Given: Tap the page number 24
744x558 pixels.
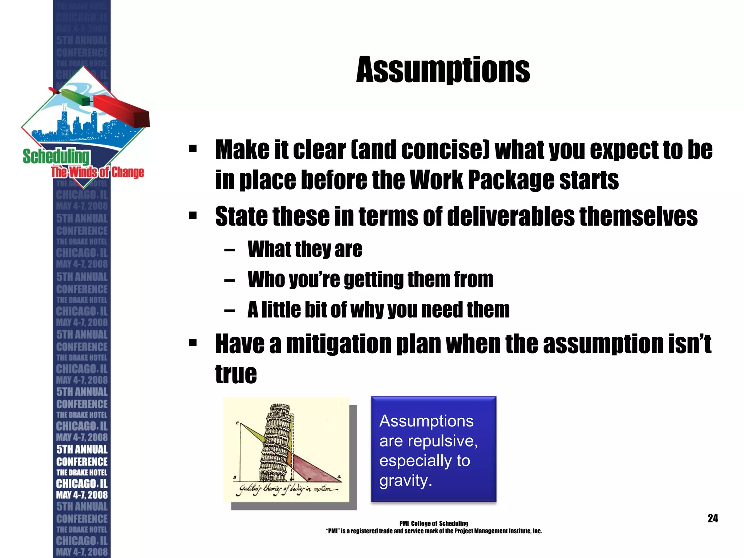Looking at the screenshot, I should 712,518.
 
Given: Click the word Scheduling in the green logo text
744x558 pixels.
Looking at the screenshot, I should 56,157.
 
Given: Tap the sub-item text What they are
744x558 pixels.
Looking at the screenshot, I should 305,249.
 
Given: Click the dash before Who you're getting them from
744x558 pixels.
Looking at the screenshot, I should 229,280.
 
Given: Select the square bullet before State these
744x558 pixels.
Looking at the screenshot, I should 193,216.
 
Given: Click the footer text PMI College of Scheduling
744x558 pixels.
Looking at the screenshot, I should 433,523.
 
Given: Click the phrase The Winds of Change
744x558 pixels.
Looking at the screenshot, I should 97,172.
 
